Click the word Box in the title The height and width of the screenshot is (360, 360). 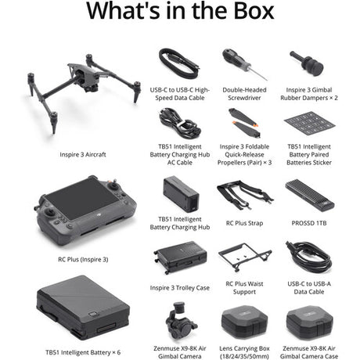click(x=254, y=11)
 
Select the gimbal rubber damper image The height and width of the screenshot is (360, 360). click(x=307, y=63)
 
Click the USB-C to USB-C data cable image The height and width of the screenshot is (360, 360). click(x=179, y=63)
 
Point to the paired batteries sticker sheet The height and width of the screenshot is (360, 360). click(x=309, y=124)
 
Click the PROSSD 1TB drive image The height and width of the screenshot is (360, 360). click(x=310, y=196)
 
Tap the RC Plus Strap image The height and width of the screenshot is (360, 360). click(x=245, y=195)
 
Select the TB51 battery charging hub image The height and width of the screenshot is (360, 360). click(x=181, y=194)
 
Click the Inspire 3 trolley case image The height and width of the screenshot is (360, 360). click(x=181, y=257)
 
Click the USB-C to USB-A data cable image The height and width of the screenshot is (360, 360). click(x=308, y=257)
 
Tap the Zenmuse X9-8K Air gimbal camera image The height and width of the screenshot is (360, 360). click(x=181, y=322)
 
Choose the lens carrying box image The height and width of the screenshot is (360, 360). click(x=244, y=322)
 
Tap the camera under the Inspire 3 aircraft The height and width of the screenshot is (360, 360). click(x=92, y=88)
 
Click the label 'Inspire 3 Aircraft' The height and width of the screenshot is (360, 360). click(x=83, y=154)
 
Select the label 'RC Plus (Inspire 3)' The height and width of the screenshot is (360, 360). click(x=83, y=259)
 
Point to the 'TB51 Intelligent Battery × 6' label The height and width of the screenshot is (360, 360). click(x=83, y=352)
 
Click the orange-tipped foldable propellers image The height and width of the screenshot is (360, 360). click(x=244, y=123)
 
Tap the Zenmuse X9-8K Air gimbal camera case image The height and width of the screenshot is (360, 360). click(x=309, y=322)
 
